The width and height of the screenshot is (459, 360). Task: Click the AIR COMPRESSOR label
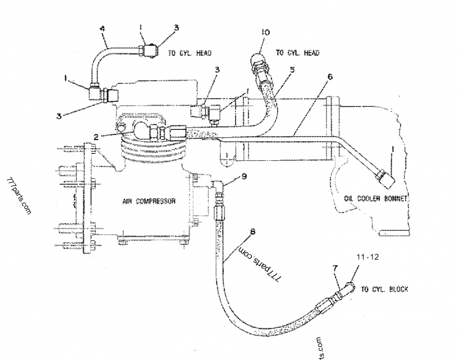click(148, 202)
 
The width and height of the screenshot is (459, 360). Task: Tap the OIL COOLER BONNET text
click(375, 198)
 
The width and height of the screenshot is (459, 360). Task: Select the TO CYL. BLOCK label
click(384, 289)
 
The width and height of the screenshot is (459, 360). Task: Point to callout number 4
click(102, 29)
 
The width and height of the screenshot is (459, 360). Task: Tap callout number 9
click(244, 177)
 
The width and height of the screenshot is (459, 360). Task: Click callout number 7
click(336, 267)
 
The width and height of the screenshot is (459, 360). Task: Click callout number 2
click(97, 136)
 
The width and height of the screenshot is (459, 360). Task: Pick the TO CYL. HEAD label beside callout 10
click(297, 53)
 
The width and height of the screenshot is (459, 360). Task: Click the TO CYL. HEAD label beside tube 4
click(189, 53)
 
